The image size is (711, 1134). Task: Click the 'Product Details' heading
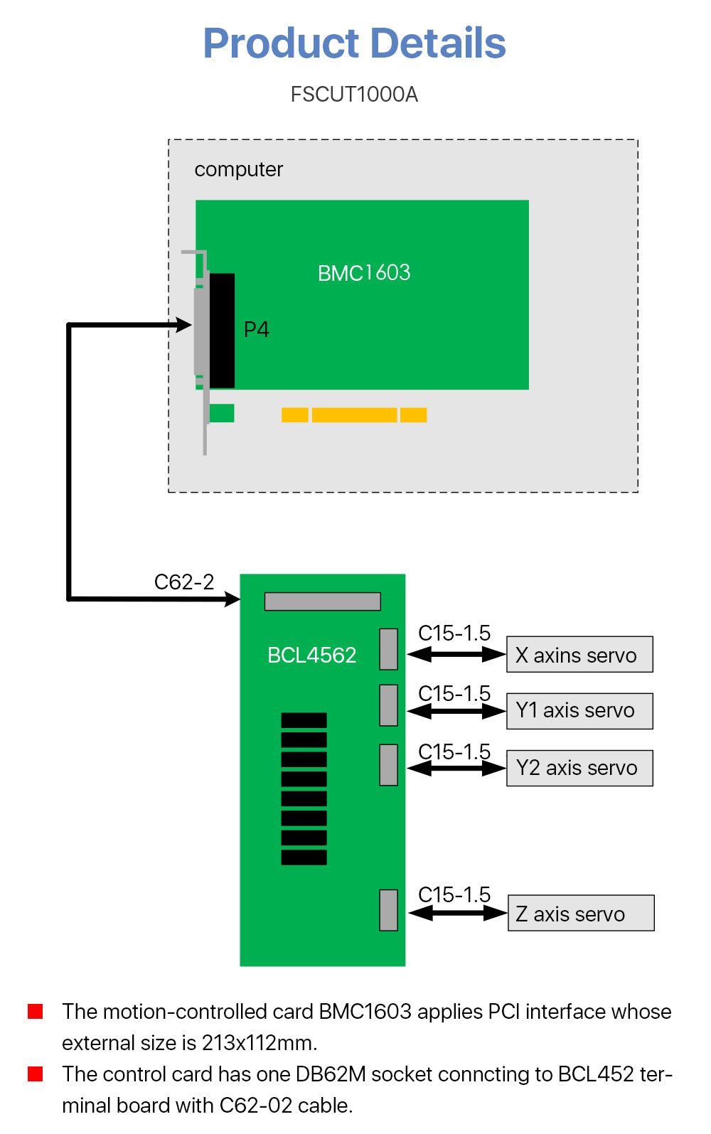(354, 43)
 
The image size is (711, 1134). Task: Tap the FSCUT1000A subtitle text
(354, 95)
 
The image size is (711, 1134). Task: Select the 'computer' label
(238, 170)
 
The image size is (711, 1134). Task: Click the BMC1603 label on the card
(364, 273)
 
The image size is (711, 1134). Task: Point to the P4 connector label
(256, 330)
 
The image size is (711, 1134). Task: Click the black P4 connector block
(222, 331)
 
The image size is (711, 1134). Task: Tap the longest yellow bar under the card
(354, 415)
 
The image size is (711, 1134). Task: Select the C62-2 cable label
(184, 582)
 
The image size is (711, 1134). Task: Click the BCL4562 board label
(311, 655)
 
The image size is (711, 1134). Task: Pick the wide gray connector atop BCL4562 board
(322, 601)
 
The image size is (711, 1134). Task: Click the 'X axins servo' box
(579, 655)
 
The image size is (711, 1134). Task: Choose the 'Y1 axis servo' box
(579, 711)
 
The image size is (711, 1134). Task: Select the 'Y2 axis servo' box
(579, 768)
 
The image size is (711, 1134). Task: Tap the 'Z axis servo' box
(581, 914)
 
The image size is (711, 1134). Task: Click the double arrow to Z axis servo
(458, 914)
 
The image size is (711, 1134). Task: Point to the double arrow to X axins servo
(456, 655)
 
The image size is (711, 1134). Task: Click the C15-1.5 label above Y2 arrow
(454, 751)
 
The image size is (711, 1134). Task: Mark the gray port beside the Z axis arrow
(388, 910)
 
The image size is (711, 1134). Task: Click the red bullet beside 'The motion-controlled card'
(36, 1011)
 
